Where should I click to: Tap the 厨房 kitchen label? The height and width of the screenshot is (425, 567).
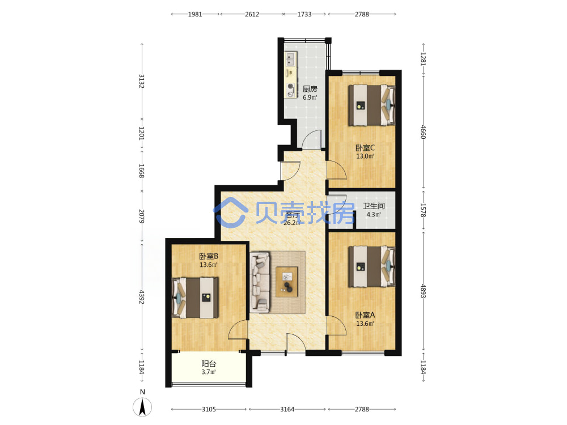pos(310,89)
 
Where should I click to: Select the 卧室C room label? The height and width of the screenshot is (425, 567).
pos(365,148)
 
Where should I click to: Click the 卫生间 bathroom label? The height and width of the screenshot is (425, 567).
pos(374,206)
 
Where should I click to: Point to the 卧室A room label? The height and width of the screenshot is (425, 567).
pos(365,315)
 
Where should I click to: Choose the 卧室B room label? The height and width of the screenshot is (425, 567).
pos(209,256)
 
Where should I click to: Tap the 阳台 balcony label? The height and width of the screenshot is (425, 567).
pos(209,364)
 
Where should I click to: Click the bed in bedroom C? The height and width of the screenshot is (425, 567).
pos(372,105)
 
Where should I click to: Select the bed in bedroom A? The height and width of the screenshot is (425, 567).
pos(372,267)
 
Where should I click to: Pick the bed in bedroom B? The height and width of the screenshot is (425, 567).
pos(195,298)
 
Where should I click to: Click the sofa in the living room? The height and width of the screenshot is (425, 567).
pos(260,282)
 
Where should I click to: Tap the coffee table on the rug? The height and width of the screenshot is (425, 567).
pos(287,282)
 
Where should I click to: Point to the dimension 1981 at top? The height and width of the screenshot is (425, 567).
pos(195,14)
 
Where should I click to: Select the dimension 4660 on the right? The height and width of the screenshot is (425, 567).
pos(423,132)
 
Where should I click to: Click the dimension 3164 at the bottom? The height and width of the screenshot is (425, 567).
pos(287,409)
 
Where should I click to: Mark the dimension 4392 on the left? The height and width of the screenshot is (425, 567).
pos(142,297)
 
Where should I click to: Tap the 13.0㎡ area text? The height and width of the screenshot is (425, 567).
pos(365,156)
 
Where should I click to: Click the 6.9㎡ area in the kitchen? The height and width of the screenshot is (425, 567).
pos(310,97)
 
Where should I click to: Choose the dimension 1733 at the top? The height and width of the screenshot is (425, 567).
pos(304,14)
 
